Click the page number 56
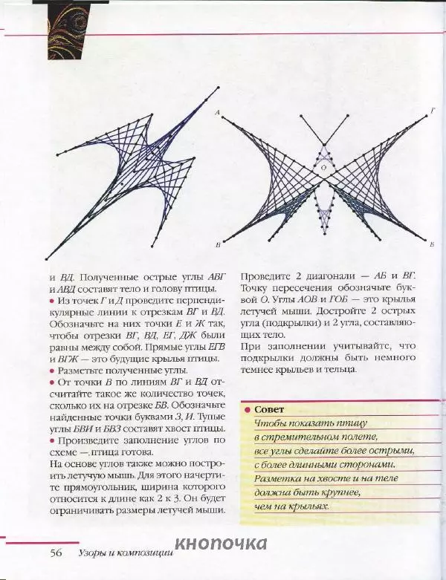(x=56, y=553)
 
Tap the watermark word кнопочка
(x=222, y=544)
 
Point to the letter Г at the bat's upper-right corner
(x=433, y=111)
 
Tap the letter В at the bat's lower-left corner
(x=216, y=244)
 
